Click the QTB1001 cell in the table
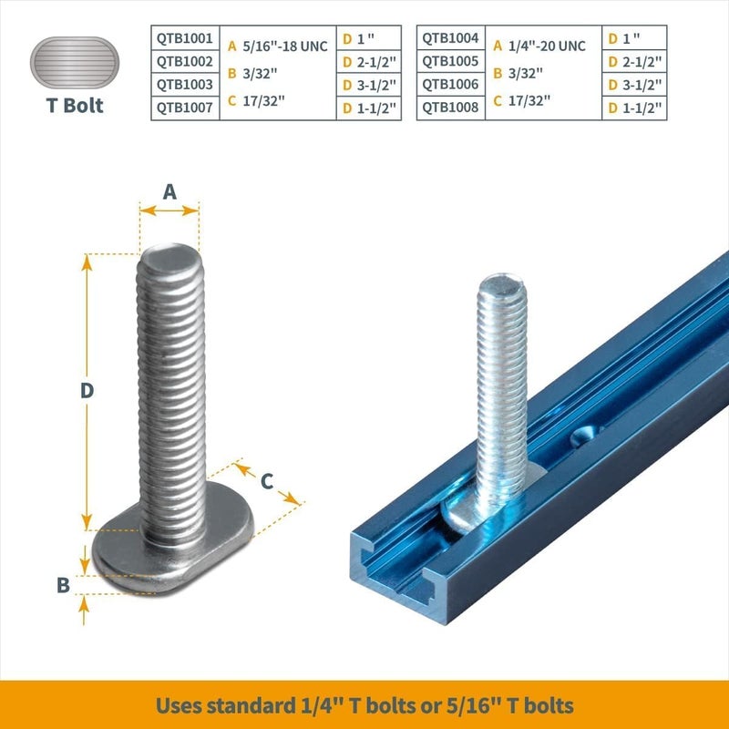[x=185, y=39]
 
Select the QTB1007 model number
[x=185, y=108]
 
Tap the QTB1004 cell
[x=451, y=39]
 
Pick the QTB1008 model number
[x=451, y=108]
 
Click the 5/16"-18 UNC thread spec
[x=284, y=46]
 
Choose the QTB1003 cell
[x=185, y=85]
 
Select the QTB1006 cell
[x=451, y=85]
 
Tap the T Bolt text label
[x=75, y=106]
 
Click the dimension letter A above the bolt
[x=169, y=191]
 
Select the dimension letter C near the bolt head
[x=267, y=480]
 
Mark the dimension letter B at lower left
[x=63, y=585]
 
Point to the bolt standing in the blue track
[x=502, y=383]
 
